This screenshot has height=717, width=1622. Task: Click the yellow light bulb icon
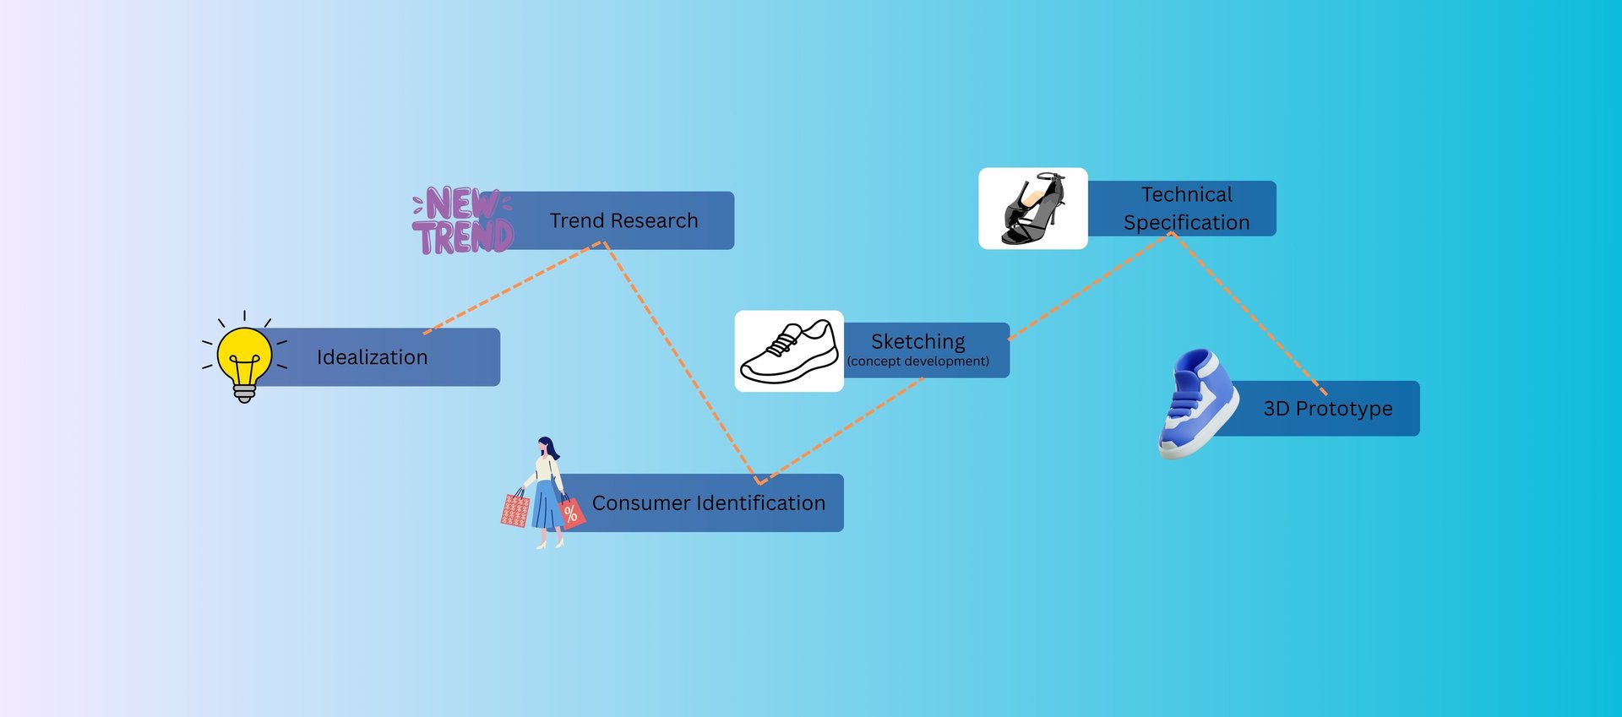point(244,358)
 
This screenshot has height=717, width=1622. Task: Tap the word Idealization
point(372,357)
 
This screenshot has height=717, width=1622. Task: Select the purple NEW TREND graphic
point(463,221)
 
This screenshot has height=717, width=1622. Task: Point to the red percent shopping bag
point(571,512)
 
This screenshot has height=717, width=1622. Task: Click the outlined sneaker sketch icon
point(788,351)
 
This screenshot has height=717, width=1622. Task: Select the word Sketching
point(917,341)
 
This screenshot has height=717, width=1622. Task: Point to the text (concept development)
point(917,361)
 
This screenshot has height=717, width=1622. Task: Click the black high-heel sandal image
point(1032,209)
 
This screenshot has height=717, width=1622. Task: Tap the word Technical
point(1186,194)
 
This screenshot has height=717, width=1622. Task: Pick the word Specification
point(1186,222)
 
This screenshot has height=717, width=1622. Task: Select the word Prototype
point(1344,409)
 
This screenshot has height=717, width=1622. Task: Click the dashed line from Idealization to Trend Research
point(512,288)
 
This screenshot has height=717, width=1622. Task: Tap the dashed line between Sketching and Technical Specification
point(1090,286)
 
